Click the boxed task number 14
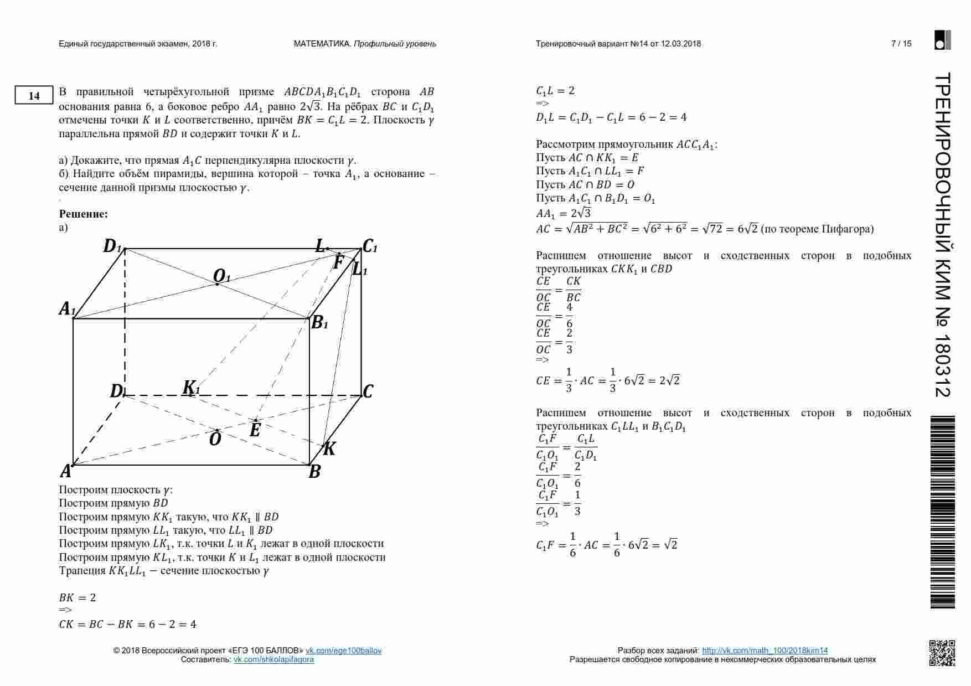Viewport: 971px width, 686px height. coord(34,96)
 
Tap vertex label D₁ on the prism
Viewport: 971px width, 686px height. coord(112,246)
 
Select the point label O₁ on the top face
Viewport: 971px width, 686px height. coord(221,276)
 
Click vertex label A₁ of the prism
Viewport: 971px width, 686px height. coord(67,309)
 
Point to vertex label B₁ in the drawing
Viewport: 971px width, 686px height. coord(319,323)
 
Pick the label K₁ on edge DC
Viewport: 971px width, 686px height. coord(191,388)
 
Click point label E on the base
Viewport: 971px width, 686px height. coord(255,430)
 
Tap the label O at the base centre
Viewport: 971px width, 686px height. coord(215,440)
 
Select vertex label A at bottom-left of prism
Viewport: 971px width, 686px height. coord(65,472)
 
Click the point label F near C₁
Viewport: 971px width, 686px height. coord(338,262)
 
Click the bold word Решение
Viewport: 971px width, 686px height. coord(83,214)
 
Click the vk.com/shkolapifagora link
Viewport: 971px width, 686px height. coord(273,659)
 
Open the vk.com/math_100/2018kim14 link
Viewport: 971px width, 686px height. coord(765,651)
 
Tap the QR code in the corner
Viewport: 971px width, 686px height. coord(942,652)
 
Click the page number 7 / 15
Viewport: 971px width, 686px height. coord(901,44)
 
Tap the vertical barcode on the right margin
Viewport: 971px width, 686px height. coord(943,512)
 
